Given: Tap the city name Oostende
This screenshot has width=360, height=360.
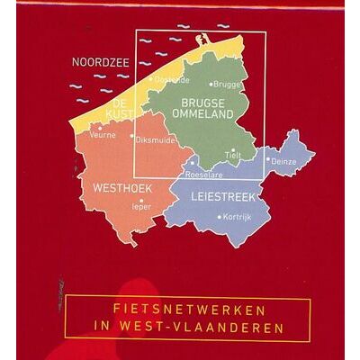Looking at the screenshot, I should [x=172, y=80].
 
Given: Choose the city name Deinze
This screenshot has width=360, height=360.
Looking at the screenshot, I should [x=284, y=161].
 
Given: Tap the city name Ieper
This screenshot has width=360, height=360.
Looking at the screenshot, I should [x=141, y=206].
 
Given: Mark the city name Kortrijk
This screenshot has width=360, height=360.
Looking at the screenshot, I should [x=235, y=219].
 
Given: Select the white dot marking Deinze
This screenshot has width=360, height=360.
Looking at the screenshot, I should [x=267, y=160].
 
